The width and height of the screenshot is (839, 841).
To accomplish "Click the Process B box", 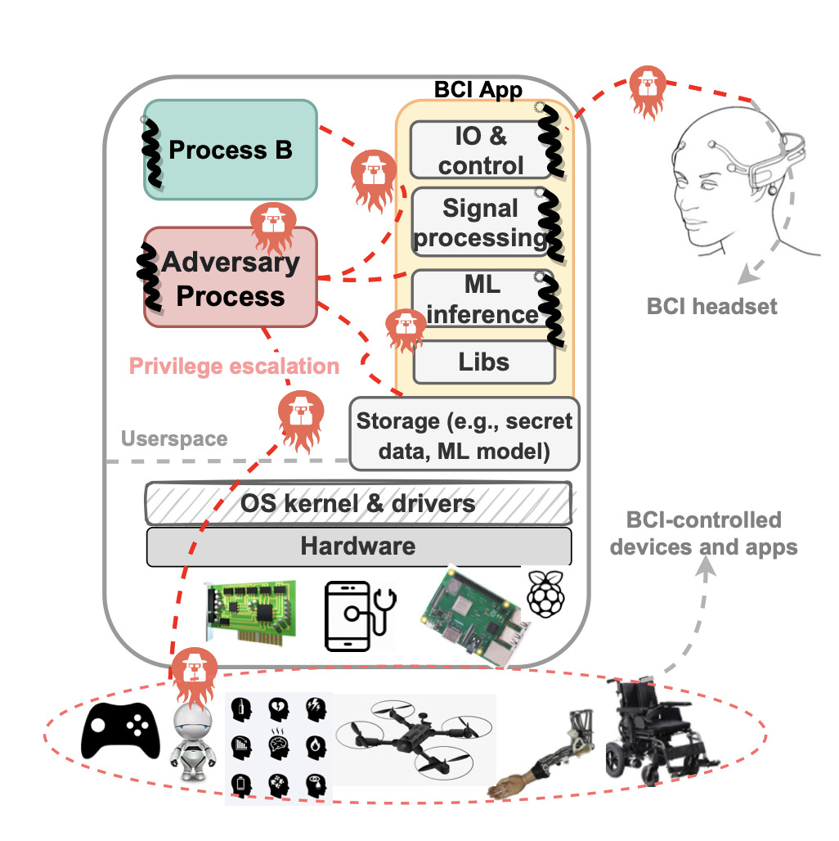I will (230, 150).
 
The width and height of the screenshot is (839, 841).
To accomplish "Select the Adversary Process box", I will (230, 277).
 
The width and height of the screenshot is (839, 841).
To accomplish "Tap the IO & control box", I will (480, 150).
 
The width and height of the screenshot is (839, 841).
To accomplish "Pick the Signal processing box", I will (480, 223).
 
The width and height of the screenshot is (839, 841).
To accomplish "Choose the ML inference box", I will (480, 299).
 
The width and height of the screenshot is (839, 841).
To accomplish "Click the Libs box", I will (484, 362).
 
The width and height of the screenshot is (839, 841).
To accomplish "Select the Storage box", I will (464, 434).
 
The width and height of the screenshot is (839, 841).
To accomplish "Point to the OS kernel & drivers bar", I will (358, 502).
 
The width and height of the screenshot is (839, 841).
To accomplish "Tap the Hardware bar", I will (358, 546).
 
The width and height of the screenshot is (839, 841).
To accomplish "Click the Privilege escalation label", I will (234, 366).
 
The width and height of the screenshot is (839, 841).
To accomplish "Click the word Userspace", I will (174, 438).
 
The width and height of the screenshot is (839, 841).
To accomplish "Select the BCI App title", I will (478, 89).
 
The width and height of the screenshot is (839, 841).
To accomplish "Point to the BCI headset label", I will (711, 308).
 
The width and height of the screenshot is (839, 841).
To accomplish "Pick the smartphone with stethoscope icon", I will (360, 615).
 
